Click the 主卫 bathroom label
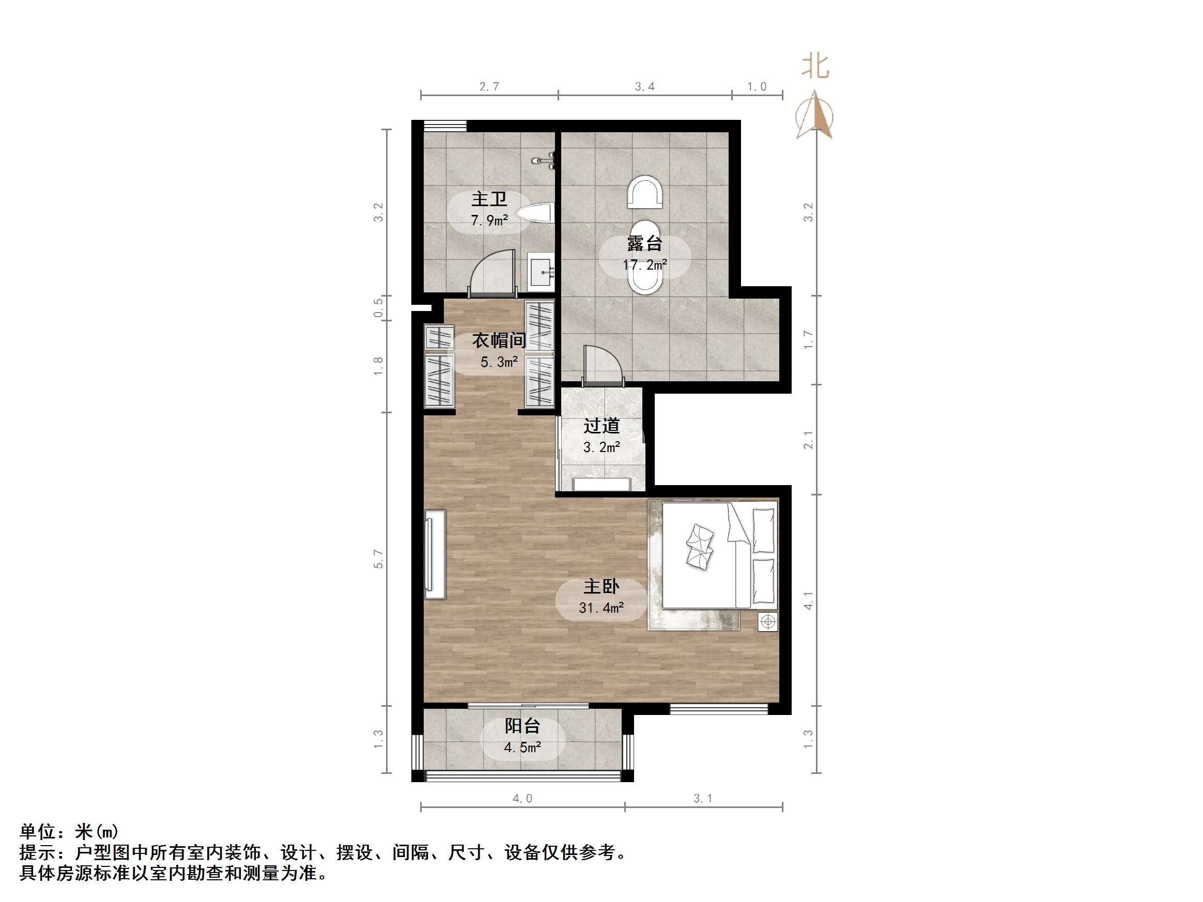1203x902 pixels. click(489, 199)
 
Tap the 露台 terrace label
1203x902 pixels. click(644, 243)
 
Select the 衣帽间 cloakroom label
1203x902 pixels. click(499, 340)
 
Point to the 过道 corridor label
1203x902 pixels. click(602, 426)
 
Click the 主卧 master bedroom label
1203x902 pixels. click(601, 587)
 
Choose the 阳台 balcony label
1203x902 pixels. click(522, 726)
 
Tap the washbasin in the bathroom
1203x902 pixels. click(542, 272)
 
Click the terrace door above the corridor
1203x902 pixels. click(603, 366)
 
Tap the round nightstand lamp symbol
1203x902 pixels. click(767, 621)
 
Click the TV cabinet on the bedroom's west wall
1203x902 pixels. click(435, 554)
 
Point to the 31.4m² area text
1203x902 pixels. click(601, 608)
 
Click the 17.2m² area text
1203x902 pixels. click(644, 266)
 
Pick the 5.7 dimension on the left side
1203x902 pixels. click(378, 559)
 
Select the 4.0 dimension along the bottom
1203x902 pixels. click(522, 799)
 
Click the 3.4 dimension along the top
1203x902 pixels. click(644, 87)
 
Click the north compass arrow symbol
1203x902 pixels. click(814, 115)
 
